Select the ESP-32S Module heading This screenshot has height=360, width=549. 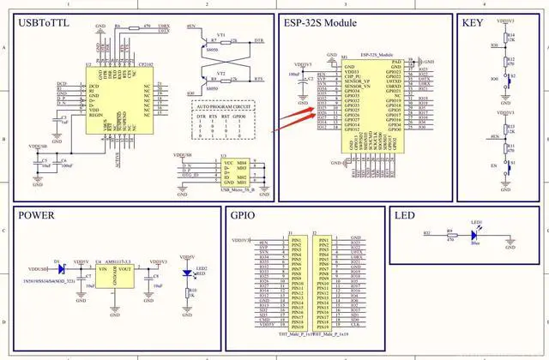coord(323,23)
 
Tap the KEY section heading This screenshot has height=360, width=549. coord(474,23)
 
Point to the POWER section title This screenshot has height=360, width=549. coord(42,216)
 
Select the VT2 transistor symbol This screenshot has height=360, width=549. coord(220,79)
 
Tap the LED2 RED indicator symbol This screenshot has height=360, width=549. coord(188,273)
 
